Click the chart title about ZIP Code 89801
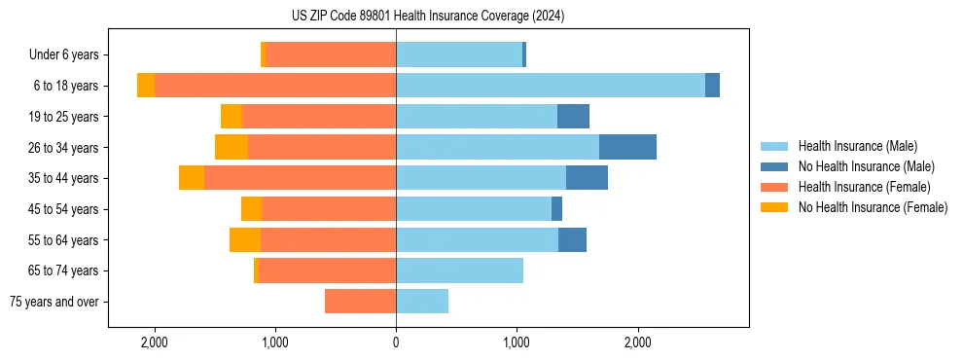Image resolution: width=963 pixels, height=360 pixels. point(427,17)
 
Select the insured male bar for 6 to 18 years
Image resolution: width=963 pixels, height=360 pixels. point(550,86)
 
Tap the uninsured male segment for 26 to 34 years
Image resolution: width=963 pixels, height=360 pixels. point(627,147)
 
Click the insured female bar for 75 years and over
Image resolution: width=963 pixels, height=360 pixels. point(360,302)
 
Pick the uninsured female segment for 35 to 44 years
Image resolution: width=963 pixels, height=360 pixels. point(192,178)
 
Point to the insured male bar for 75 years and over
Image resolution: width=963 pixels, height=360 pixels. point(422,302)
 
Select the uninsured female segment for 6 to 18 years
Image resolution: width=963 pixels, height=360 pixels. point(146,86)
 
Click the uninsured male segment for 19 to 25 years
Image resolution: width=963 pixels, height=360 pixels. point(573,117)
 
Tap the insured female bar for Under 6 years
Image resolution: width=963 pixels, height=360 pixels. point(331,54)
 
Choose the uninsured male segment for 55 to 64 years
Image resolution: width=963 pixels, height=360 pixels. point(572,239)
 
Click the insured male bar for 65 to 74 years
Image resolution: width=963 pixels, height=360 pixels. point(459,270)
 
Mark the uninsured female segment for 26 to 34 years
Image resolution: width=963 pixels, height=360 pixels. point(232,147)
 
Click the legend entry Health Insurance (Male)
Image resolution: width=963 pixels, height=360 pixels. point(857,146)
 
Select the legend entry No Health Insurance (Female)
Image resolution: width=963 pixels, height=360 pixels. point(873,207)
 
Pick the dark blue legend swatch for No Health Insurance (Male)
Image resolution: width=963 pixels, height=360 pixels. point(774,166)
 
